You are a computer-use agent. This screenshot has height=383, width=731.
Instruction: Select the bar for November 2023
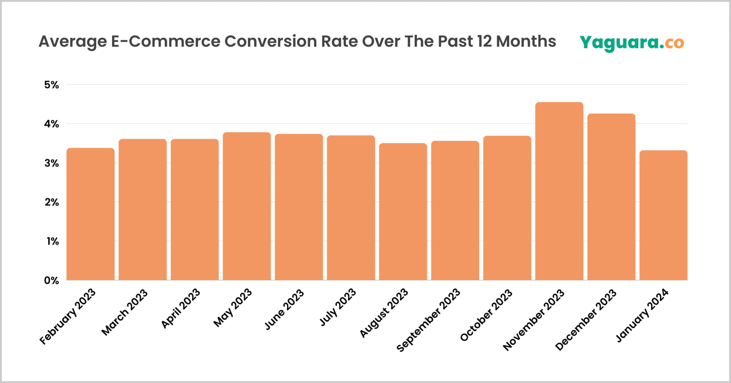click(x=559, y=191)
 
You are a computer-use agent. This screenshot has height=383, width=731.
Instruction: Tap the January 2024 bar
click(x=663, y=215)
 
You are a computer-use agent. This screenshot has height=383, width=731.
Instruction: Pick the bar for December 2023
click(x=611, y=197)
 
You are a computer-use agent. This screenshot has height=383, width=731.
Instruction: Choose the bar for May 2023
click(x=247, y=206)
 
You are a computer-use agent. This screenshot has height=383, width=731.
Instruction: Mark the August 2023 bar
click(x=403, y=212)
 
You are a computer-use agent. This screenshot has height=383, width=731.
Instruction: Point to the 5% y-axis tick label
click(x=51, y=85)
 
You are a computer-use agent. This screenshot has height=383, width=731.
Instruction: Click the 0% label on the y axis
click(x=51, y=281)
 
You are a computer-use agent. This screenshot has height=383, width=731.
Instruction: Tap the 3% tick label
click(x=51, y=163)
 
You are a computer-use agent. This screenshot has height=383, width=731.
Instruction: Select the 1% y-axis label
click(x=52, y=242)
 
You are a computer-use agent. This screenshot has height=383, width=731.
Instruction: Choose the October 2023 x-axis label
click(x=487, y=315)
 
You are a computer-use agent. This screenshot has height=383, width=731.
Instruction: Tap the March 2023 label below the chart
click(x=125, y=312)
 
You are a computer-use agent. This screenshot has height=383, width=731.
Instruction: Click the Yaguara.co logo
click(x=631, y=43)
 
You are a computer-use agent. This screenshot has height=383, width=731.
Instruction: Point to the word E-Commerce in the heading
click(x=166, y=41)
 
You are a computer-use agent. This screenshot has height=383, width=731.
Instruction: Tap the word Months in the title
click(x=526, y=41)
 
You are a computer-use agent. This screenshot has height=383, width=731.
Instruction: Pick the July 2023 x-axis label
click(x=338, y=307)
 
